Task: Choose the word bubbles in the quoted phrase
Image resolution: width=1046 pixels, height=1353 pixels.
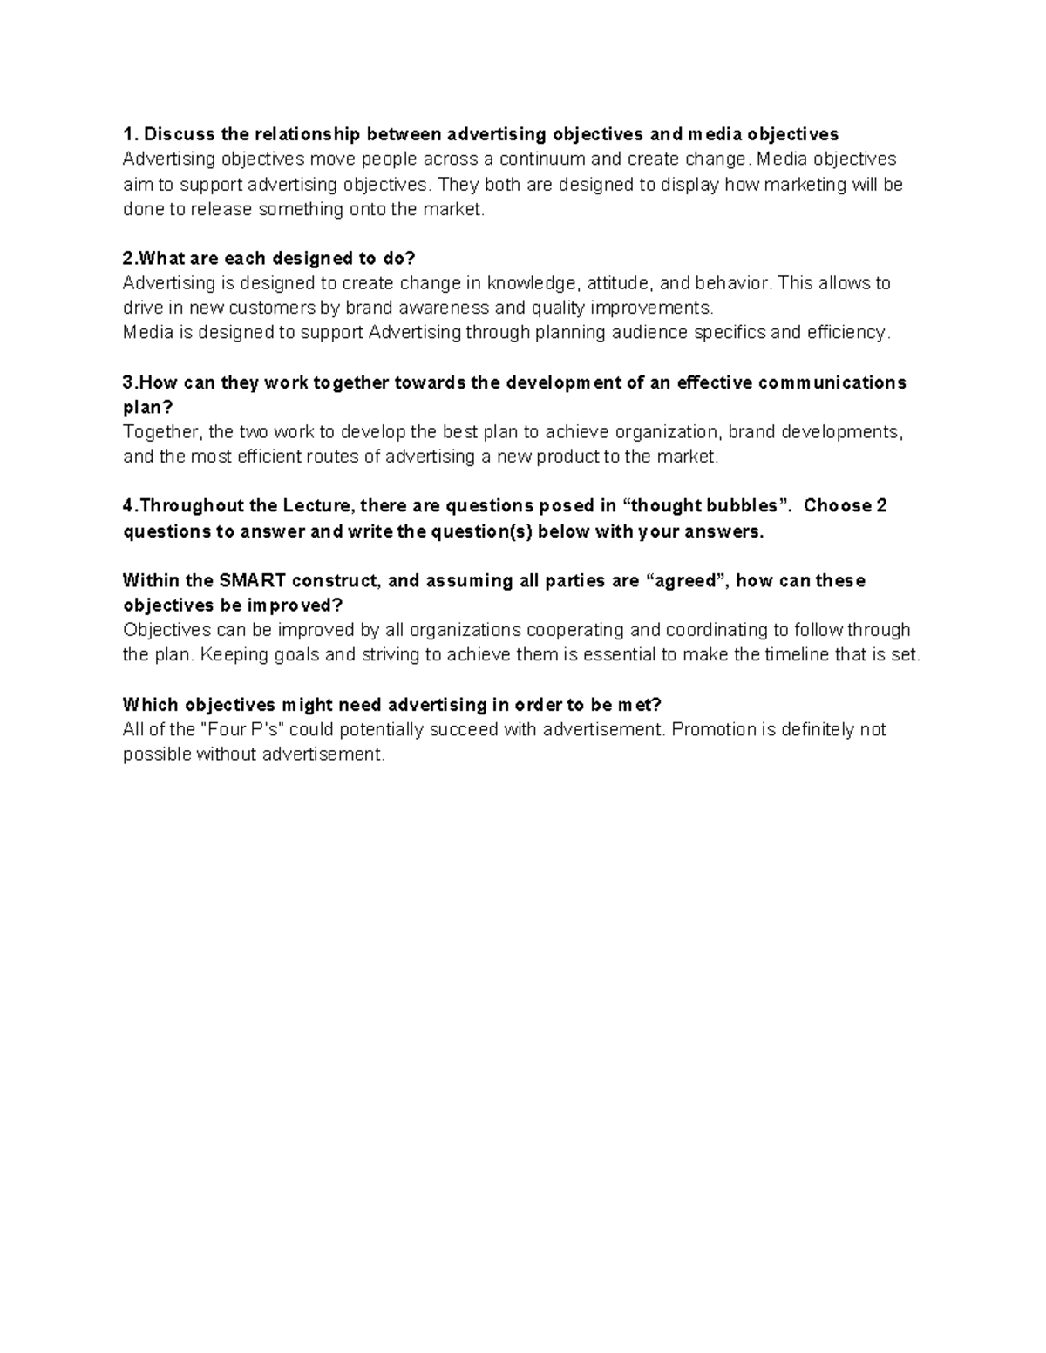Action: click(740, 506)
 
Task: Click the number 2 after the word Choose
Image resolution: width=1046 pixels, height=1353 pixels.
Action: click(881, 506)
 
